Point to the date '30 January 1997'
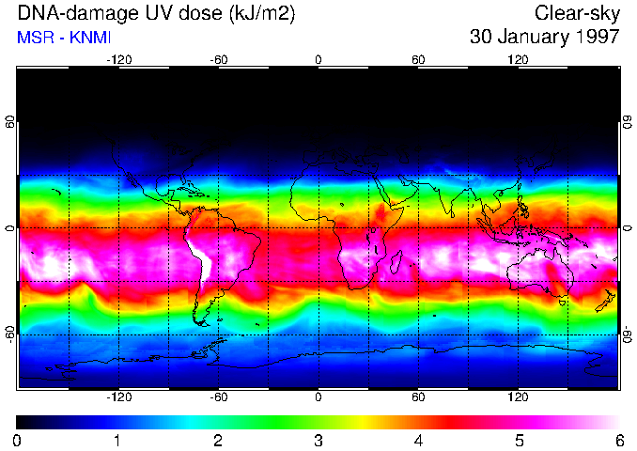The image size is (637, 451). (544, 38)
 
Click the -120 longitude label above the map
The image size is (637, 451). (118, 59)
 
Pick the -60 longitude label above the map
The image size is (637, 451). (219, 59)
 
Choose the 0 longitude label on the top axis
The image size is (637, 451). (318, 59)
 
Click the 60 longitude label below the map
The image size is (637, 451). (418, 397)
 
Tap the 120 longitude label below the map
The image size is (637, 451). (518, 397)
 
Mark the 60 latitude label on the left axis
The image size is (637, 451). (10, 122)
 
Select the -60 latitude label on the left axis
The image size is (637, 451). (10, 334)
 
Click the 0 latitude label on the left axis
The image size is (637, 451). (10, 228)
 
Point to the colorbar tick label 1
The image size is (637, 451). (117, 440)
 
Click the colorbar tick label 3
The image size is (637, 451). (318, 440)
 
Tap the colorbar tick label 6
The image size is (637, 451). (618, 440)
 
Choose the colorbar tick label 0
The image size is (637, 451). (17, 440)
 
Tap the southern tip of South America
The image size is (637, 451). (202, 322)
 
